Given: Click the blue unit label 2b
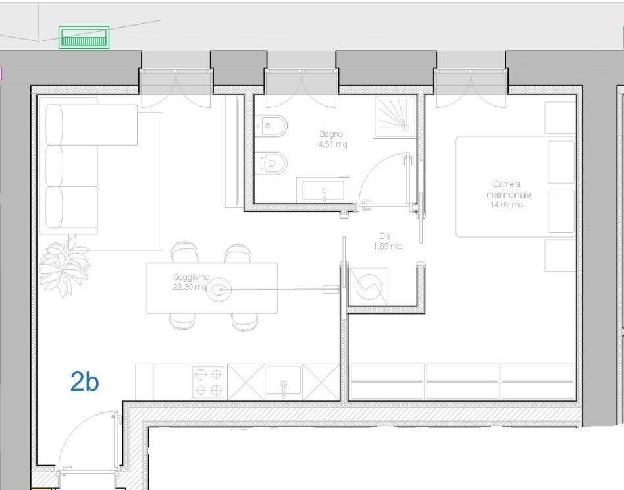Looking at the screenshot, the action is coord(84,381).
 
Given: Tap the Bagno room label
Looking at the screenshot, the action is coord(331,134).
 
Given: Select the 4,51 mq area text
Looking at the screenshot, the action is coord(332,144).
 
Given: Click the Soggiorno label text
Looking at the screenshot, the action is coord(191,277).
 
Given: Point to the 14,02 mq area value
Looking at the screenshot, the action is coord(507,205).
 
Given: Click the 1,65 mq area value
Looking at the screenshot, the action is coord(388,246).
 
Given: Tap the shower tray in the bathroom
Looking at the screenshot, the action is coord(394,117).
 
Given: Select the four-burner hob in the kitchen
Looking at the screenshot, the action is coord(208,382).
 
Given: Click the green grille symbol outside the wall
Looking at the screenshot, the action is coord(84,38).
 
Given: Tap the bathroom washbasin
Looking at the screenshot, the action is coord(323,190).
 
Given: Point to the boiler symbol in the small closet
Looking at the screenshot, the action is coord(369,286).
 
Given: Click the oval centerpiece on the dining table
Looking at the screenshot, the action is coord(219,289).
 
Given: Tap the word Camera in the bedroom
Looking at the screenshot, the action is coord(507,184).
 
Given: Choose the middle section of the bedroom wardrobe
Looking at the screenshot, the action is coord(462,381).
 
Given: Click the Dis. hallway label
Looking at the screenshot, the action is coord(385,236).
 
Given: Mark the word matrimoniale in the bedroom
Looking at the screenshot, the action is coord(509,195).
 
